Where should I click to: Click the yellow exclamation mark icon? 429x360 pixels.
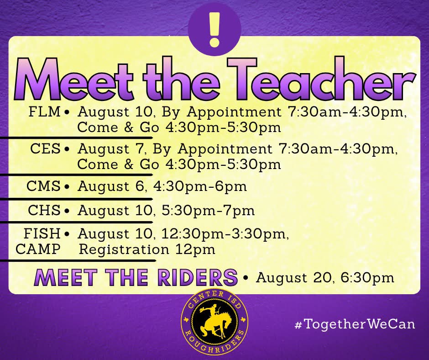(x=214, y=29)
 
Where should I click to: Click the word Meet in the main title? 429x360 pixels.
(x=75, y=79)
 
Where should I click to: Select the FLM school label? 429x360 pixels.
(x=44, y=112)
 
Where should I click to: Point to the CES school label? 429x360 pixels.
(x=45, y=149)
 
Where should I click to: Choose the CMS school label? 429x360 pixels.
(x=43, y=186)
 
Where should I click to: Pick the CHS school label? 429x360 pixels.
(x=44, y=210)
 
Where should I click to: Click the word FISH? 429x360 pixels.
(x=42, y=233)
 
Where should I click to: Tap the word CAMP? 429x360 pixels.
(x=38, y=249)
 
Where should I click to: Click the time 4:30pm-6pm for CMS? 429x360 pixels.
(x=200, y=186)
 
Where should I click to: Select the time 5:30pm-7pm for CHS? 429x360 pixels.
(x=208, y=211)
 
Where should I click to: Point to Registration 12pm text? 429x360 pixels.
(x=147, y=249)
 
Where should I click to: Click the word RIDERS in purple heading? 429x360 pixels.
(x=198, y=277)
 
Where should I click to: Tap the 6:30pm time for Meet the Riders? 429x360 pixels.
(x=367, y=278)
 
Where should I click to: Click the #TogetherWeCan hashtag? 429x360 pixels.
(x=355, y=324)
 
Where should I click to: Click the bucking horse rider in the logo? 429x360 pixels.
(x=215, y=321)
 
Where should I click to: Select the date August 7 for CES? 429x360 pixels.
(x=111, y=149)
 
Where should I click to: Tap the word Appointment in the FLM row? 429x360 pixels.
(x=234, y=112)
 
